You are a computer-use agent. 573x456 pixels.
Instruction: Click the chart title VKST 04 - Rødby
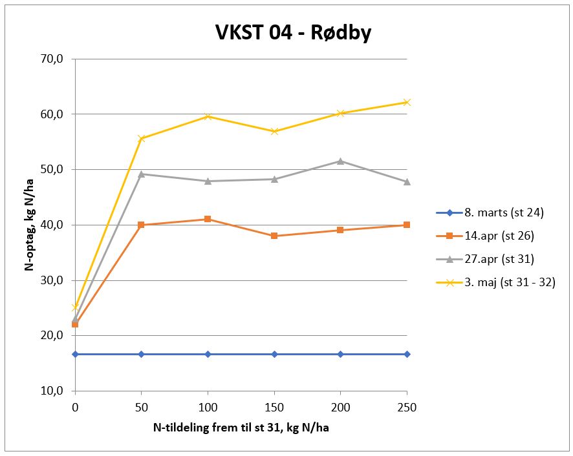(x=293, y=32)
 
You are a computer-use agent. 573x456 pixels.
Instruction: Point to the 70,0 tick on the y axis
(x=50, y=59)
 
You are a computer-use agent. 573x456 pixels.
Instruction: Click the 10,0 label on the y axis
(x=50, y=391)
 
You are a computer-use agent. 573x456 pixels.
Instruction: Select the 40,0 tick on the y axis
(x=50, y=225)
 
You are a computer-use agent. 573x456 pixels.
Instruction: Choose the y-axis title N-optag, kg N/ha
(x=29, y=225)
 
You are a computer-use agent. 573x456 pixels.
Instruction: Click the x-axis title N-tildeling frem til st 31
(x=241, y=428)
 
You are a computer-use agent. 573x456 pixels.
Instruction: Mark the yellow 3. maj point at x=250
(x=407, y=102)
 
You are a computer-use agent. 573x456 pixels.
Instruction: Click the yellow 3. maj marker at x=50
(x=142, y=138)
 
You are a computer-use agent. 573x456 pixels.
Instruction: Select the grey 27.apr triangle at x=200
(x=341, y=161)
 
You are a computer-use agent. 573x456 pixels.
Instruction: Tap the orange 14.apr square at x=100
(x=208, y=219)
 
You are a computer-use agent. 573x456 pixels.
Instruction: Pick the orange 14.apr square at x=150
(x=274, y=236)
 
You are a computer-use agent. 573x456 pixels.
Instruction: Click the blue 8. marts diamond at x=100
(x=208, y=354)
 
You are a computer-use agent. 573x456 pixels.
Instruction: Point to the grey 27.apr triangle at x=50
(x=142, y=174)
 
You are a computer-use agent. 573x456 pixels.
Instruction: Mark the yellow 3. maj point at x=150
(x=274, y=131)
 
